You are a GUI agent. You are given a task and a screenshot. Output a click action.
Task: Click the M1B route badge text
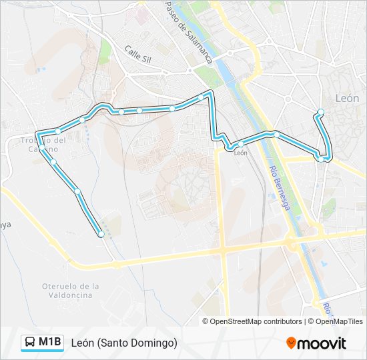pos(50,343)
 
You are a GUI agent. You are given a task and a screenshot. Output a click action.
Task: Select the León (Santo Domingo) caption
pos(124,343)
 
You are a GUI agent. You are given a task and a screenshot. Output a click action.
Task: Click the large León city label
pos(347,98)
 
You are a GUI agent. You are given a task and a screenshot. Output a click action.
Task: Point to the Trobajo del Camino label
pos(41,145)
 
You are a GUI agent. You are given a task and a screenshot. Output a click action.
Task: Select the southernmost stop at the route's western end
pos(101,234)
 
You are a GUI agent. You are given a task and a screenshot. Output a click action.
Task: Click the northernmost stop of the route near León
pos(321,111)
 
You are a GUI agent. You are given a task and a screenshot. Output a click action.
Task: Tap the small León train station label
pos(241,153)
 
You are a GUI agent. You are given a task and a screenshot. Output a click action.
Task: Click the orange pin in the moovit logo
pos(292,343)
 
